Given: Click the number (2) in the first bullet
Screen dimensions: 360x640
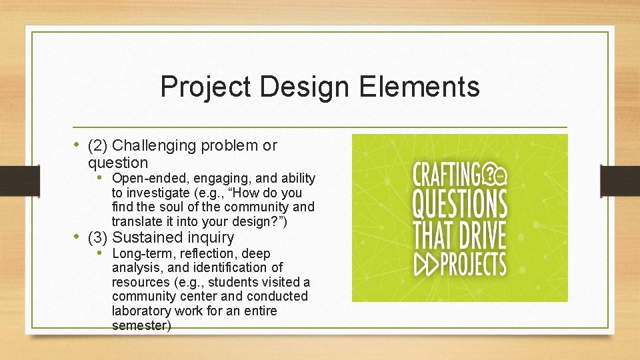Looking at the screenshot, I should click(x=99, y=145).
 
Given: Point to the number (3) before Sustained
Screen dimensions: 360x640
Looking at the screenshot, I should click(x=99, y=237).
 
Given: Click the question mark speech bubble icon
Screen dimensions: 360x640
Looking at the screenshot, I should click(x=494, y=173).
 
